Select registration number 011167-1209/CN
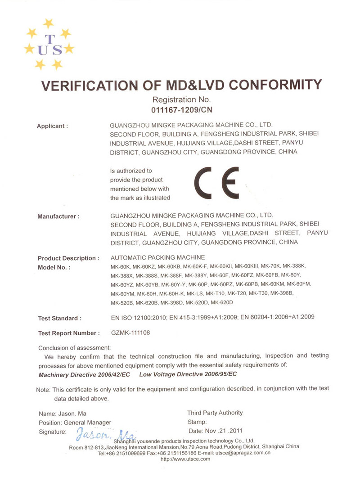point(182,109)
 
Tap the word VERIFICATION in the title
point(90,85)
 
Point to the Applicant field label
point(52,126)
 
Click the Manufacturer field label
point(58,216)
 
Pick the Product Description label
point(68,258)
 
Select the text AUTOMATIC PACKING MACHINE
point(157,258)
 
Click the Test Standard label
point(60,319)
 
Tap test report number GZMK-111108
point(130,333)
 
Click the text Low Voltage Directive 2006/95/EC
point(188,374)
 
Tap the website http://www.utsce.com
point(185,459)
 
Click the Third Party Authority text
point(215,413)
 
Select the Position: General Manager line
point(75,423)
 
